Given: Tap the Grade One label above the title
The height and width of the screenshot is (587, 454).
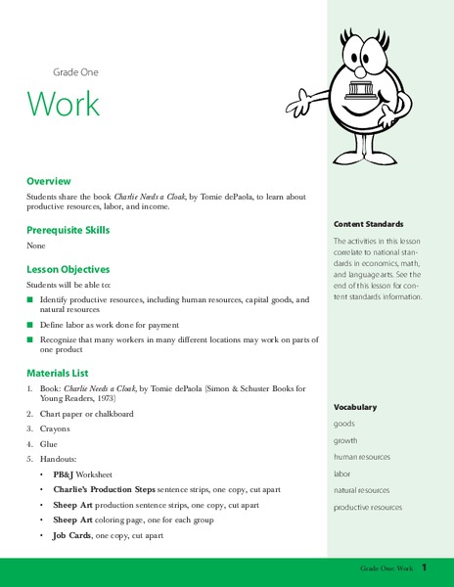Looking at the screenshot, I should [x=75, y=72].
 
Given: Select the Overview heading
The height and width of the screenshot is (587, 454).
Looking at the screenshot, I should [x=49, y=182].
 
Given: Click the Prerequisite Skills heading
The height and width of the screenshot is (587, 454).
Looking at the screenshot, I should [x=68, y=230].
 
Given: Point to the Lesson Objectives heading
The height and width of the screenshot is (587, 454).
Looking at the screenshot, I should [x=68, y=268].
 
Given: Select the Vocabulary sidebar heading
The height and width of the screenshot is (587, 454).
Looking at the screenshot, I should [x=354, y=407].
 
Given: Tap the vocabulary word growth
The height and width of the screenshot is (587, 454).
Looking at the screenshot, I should [x=345, y=440].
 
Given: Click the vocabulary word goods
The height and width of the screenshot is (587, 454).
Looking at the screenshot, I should [x=343, y=424].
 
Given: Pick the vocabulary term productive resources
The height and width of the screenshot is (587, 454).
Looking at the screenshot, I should [x=367, y=507].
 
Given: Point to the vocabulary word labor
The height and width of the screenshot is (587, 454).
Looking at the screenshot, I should [x=342, y=474].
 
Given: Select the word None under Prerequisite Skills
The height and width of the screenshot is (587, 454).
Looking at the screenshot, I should [x=36, y=246].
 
